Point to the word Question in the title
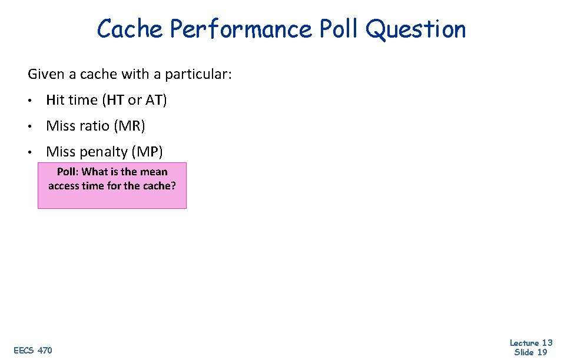416,29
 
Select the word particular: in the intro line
198,75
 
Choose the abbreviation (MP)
147,152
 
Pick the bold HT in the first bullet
115,100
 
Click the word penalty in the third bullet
104,152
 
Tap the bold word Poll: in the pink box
68,172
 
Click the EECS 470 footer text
32,351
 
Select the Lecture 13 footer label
531,343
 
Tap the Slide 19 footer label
531,352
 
